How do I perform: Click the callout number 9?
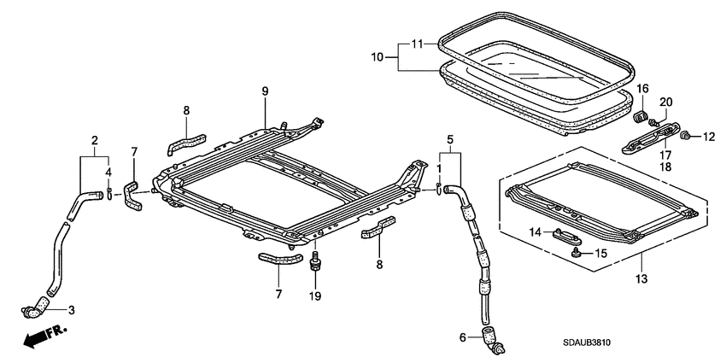(x=265, y=92)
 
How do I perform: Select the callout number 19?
(x=316, y=296)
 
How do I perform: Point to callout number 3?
(x=72, y=309)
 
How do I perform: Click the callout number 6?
(x=463, y=338)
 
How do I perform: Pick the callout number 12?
(x=707, y=135)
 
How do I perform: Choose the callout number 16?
(x=644, y=88)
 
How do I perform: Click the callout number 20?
(x=667, y=102)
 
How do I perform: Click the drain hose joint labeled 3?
(x=38, y=303)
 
